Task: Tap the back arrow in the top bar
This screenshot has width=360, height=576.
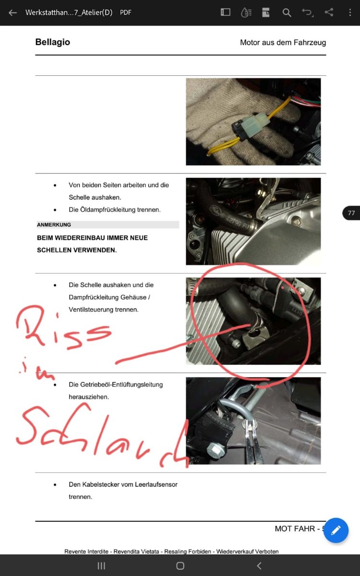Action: coord(12,12)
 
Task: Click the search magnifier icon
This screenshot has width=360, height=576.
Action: coord(287,12)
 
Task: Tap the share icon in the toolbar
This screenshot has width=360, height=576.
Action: coord(329,12)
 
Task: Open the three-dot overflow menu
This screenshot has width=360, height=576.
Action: coord(350,12)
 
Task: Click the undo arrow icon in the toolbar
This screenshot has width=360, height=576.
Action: coord(308,12)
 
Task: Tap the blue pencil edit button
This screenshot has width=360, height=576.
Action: coord(336,530)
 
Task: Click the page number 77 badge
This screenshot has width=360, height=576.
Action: coord(351,213)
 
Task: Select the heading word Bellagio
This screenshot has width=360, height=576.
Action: coord(53,42)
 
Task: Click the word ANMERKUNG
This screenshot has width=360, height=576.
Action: coord(54,225)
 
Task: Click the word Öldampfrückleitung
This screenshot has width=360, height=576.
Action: coord(108,210)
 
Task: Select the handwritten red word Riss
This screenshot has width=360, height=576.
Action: coord(63,327)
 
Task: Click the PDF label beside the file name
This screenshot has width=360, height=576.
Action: coord(126,12)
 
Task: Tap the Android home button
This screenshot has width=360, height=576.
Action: coord(180,566)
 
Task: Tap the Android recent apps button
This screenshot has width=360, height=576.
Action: coord(101,566)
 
